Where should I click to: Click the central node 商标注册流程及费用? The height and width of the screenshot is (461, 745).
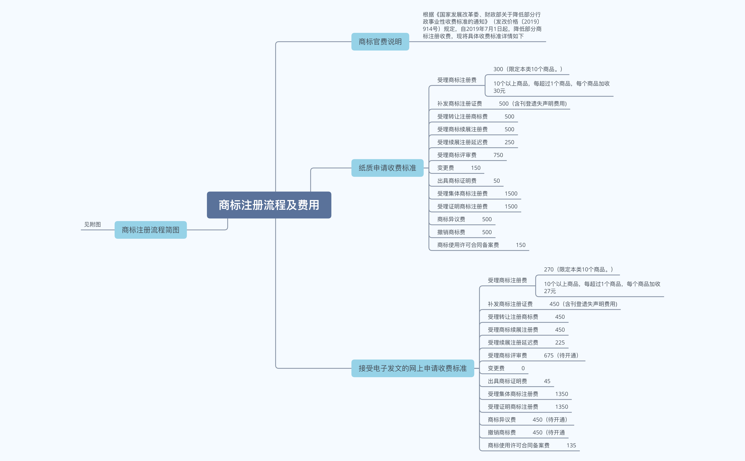(269, 205)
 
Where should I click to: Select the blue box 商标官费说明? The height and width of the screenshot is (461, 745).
(380, 42)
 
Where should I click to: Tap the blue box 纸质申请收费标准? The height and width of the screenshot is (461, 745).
(387, 168)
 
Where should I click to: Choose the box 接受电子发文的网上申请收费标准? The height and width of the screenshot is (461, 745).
(413, 368)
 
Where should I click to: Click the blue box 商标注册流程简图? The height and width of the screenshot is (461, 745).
(151, 230)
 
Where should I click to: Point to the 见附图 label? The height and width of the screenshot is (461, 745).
(92, 224)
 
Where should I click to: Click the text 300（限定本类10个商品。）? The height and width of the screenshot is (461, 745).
(528, 69)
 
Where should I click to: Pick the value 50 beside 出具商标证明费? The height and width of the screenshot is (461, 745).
(497, 181)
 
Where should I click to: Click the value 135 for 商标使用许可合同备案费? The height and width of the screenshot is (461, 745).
(571, 445)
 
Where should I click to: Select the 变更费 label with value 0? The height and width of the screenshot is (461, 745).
(496, 368)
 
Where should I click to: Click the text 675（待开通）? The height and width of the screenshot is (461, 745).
(561, 356)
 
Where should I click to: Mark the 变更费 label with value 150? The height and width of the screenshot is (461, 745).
(445, 168)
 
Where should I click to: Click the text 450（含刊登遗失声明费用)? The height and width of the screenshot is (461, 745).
(583, 304)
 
